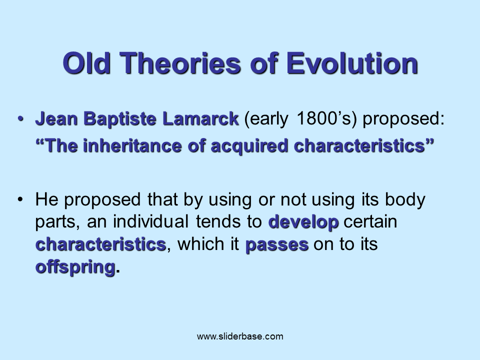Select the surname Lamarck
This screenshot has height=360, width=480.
(200, 120)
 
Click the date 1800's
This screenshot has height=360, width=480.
(327, 120)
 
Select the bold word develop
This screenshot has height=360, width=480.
(303, 222)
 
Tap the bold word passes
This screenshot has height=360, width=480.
(276, 245)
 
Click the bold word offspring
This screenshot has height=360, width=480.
(75, 267)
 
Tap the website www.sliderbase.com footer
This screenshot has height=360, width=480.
(240, 336)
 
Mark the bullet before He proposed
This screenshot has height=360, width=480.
(21, 199)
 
